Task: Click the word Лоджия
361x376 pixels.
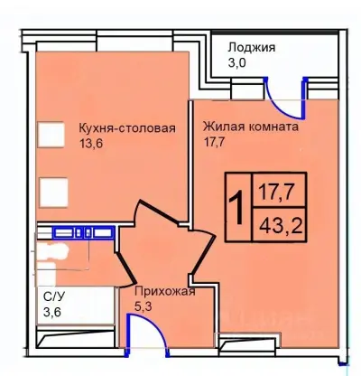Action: (253, 47)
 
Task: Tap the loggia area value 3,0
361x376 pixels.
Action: (238, 65)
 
